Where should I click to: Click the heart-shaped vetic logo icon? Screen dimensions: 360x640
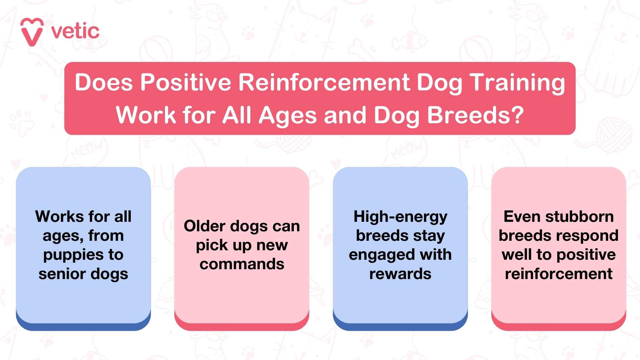32,31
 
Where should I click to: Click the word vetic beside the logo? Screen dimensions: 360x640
75,31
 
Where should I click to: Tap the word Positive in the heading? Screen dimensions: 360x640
186,82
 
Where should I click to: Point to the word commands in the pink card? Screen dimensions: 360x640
242,264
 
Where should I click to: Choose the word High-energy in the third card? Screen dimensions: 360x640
400,217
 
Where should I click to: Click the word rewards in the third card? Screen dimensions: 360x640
400,274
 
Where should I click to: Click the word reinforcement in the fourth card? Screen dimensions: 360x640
558,274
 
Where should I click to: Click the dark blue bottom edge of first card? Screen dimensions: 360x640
83,326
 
